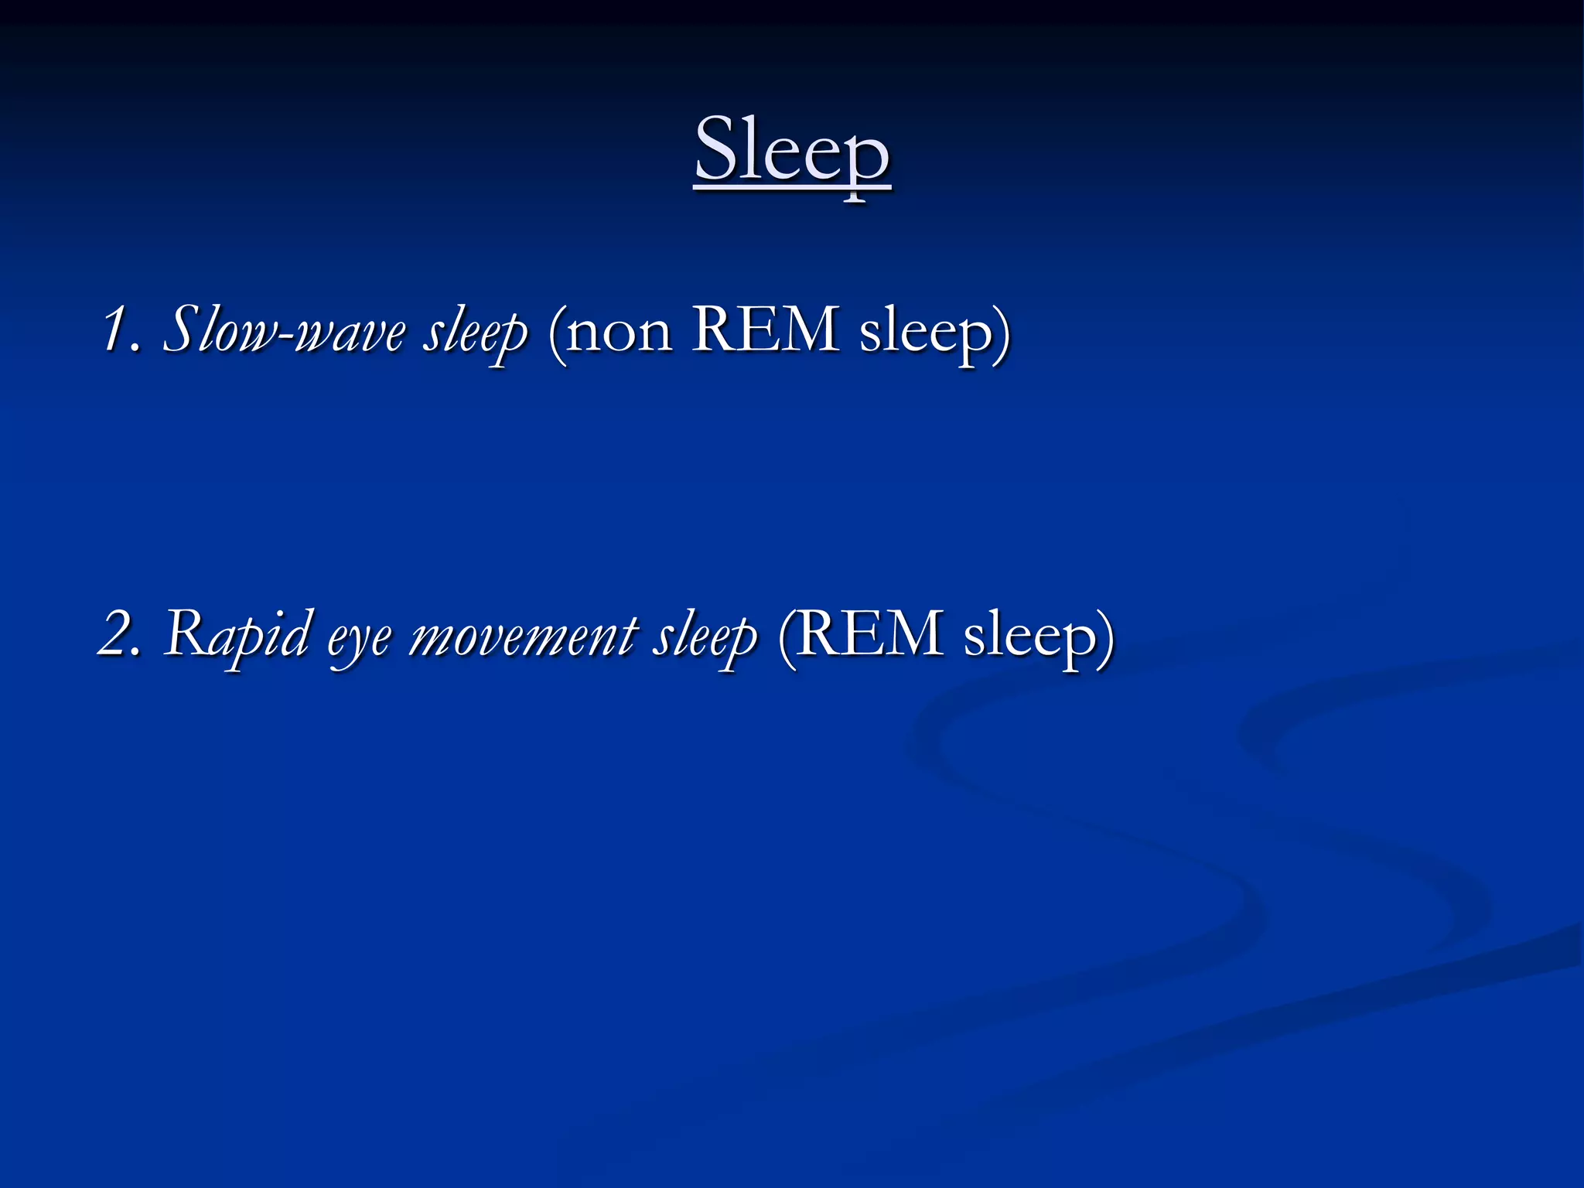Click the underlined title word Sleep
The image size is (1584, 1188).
click(793, 151)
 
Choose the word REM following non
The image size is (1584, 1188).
click(766, 329)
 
